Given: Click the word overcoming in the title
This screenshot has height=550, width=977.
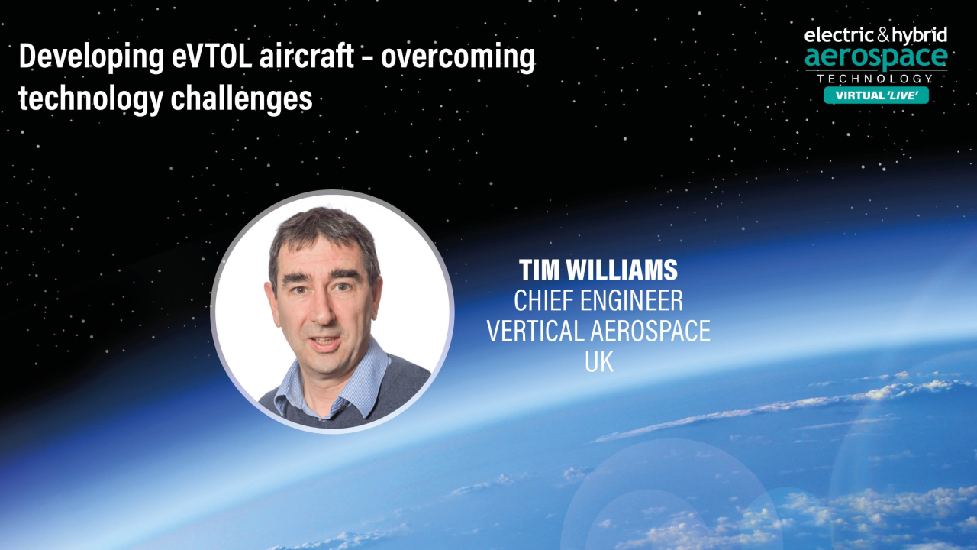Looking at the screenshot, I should tap(458, 58).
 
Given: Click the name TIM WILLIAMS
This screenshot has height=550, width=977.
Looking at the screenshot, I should tap(598, 270).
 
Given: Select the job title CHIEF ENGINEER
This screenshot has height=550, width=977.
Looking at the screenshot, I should tap(598, 300).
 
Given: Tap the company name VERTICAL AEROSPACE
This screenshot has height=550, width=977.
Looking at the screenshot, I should tap(598, 330).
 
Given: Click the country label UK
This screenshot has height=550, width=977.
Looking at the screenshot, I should tap(598, 361).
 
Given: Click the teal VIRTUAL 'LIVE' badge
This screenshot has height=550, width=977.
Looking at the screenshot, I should tap(875, 95).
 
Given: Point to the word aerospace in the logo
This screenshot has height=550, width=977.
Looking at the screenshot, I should tap(875, 57).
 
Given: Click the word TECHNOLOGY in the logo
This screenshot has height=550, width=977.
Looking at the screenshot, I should tap(875, 79).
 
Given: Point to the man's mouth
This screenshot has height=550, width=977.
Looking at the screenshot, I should tap(327, 342).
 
